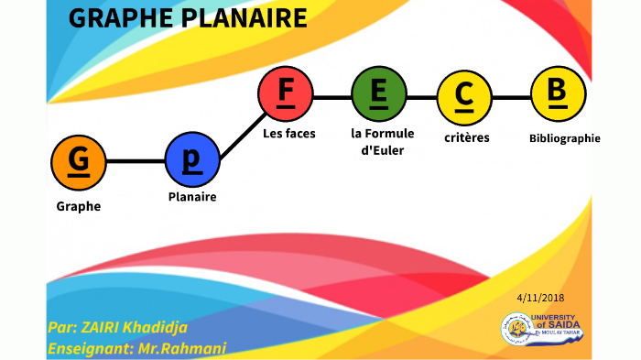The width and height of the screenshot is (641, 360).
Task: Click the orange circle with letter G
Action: (79, 161)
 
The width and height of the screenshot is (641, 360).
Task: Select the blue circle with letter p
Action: (192, 161)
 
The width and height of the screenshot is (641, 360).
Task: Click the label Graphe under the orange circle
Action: (79, 206)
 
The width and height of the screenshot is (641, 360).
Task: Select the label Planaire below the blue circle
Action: (192, 196)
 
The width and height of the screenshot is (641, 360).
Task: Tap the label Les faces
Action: (288, 134)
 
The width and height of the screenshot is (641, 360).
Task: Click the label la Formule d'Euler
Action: (383, 141)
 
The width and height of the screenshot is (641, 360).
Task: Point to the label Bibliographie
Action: (564, 138)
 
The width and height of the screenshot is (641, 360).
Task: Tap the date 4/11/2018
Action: (540, 298)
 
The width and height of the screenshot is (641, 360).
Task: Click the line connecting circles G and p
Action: (136, 161)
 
